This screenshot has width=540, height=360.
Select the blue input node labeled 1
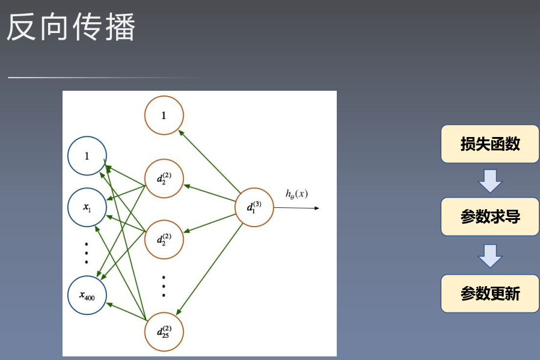pyautogui.click(x=87, y=156)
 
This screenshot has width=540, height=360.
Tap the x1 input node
pyautogui.click(x=87, y=207)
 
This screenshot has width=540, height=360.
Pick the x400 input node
pyautogui.click(x=87, y=294)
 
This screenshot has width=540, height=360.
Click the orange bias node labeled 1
pyautogui.click(x=164, y=115)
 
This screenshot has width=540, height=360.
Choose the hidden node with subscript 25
pyautogui.click(x=164, y=331)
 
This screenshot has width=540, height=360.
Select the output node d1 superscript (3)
pyautogui.click(x=254, y=207)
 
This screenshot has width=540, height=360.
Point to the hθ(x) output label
pyautogui.click(x=296, y=194)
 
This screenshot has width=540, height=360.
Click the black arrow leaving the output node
pyautogui.click(x=297, y=208)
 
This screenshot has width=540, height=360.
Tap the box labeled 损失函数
pyautogui.click(x=490, y=144)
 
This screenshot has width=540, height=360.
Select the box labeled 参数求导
pyautogui.click(x=490, y=217)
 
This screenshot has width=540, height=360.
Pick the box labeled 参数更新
pyautogui.click(x=490, y=294)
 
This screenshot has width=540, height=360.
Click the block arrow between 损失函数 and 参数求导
pyautogui.click(x=490, y=180)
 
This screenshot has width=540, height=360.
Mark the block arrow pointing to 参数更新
pyautogui.click(x=490, y=255)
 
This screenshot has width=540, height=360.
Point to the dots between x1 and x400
pyautogui.click(x=87, y=252)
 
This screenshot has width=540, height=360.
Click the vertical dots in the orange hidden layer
pyautogui.click(x=164, y=285)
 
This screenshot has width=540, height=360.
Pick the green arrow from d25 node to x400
pyautogui.click(x=126, y=309)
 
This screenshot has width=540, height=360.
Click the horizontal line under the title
pyautogui.click(x=102, y=78)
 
